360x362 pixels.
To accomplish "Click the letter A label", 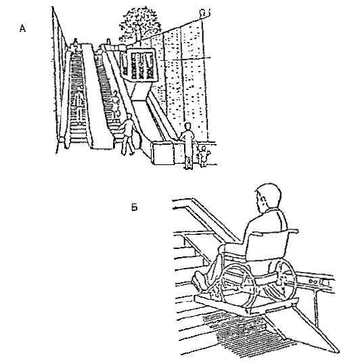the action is [x=22, y=28].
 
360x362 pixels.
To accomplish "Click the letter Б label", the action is [x=134, y=207].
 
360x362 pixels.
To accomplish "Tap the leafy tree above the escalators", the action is [x=139, y=24].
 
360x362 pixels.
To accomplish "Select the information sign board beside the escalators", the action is [x=139, y=65].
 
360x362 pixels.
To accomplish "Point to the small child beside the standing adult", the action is [x=204, y=156].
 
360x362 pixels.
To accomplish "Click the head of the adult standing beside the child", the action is [x=188, y=127].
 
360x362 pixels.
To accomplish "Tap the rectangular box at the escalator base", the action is [x=164, y=153].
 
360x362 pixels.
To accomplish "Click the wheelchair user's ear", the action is [x=263, y=200].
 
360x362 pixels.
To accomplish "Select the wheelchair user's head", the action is [x=268, y=198].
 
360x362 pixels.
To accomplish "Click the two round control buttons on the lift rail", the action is [x=313, y=281].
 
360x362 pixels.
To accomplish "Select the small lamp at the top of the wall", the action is [x=205, y=13].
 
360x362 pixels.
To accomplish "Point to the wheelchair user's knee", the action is [x=222, y=250].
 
